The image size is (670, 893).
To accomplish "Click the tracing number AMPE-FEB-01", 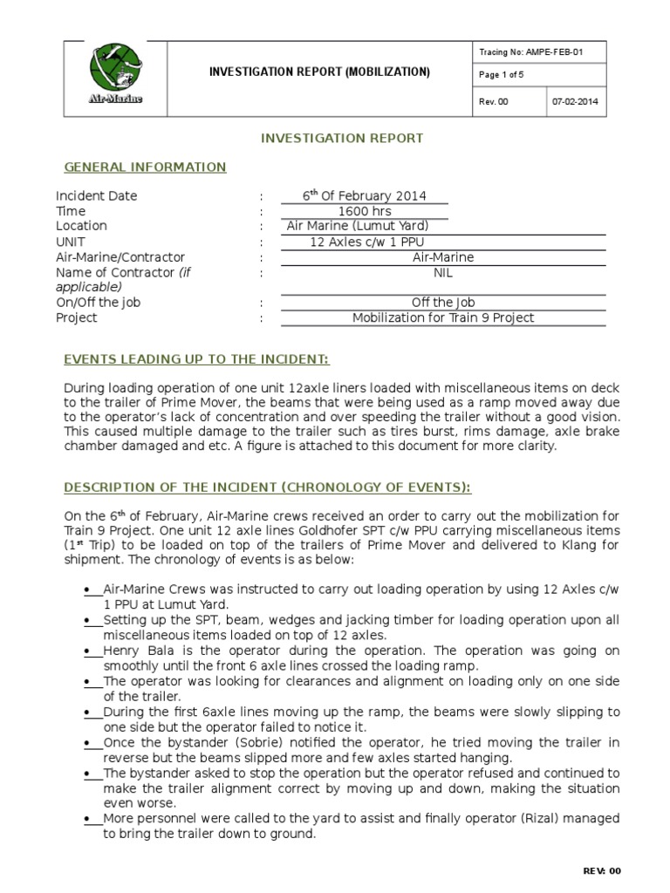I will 531,52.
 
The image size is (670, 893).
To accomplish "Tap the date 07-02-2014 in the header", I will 576,102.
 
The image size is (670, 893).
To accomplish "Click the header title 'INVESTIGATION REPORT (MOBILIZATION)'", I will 318,72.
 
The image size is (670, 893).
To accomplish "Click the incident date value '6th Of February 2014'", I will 364,196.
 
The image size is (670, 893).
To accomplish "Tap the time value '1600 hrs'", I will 364,211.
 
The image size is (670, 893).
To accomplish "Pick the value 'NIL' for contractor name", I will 442,272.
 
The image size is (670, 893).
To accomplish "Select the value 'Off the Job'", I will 442,303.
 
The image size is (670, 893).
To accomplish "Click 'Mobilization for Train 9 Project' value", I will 442,317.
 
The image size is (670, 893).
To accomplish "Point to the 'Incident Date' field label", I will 97,196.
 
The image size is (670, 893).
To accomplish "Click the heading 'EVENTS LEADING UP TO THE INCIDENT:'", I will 196,360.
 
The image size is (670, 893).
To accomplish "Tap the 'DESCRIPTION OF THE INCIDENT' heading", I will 267,487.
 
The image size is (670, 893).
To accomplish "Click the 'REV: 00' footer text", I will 601,871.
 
